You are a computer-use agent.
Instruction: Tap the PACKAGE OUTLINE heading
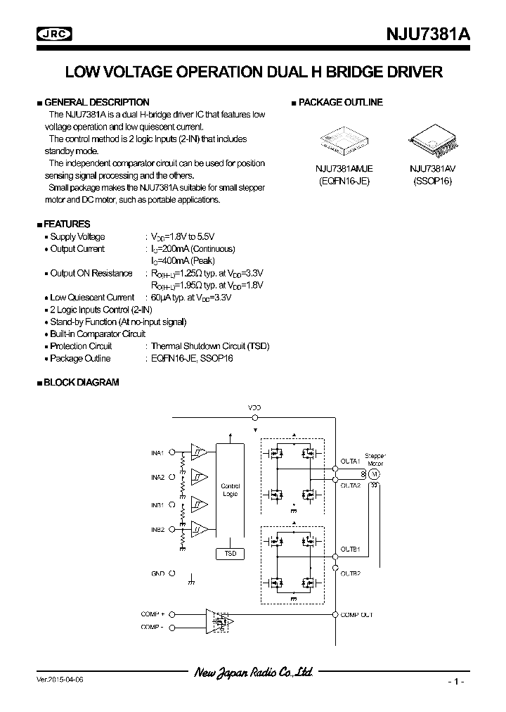(340, 102)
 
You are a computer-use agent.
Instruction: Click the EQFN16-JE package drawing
(343, 140)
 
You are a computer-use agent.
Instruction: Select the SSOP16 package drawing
(432, 140)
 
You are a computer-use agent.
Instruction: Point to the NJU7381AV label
(432, 169)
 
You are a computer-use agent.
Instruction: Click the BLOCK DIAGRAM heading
(81, 382)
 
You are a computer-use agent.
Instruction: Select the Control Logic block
(230, 490)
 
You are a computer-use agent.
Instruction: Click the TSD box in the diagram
(230, 554)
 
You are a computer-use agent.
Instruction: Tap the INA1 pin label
(157, 452)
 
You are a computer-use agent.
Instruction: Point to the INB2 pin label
(157, 529)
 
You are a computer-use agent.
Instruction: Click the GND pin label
(157, 573)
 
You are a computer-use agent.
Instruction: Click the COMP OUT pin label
(357, 614)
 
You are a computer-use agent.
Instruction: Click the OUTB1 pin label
(351, 548)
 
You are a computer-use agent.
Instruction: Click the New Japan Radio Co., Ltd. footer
(253, 673)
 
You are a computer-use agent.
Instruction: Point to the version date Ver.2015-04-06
(63, 681)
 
